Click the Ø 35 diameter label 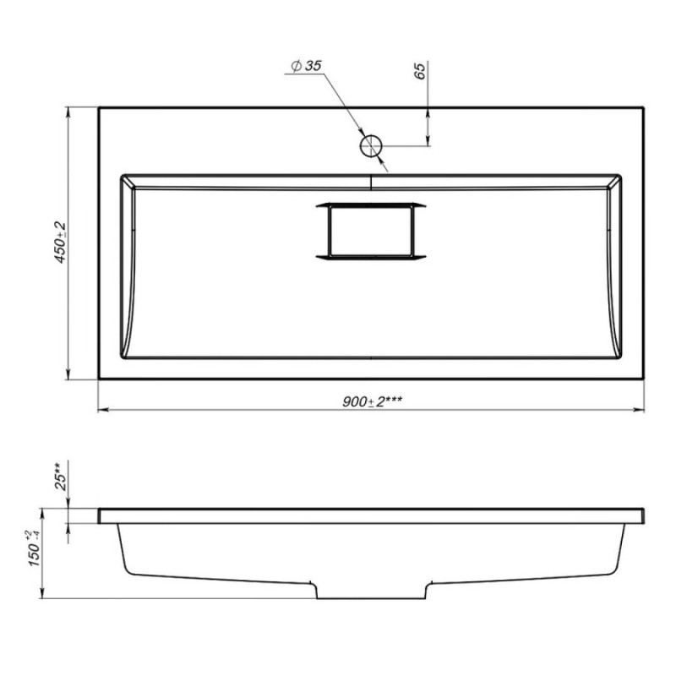tap(306, 66)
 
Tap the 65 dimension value tap(420, 70)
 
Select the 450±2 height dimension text tap(60, 243)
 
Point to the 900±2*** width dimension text tap(373, 402)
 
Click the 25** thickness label tap(60, 476)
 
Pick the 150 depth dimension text tap(34, 549)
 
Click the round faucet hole tap(371, 146)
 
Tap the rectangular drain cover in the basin tap(371, 231)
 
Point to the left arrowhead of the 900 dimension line tap(103, 409)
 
